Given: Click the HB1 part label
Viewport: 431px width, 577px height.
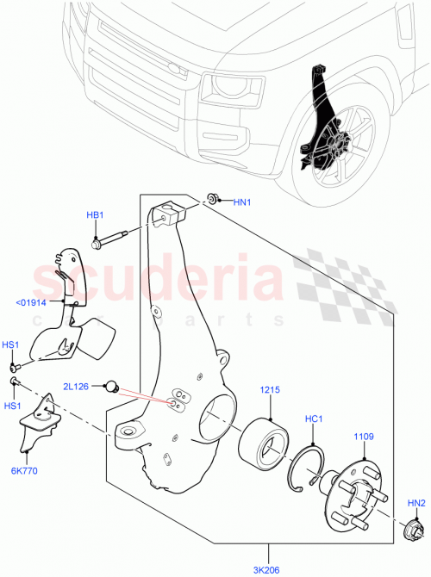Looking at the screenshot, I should [95, 215].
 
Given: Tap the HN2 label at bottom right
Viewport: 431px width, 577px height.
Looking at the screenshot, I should [416, 503].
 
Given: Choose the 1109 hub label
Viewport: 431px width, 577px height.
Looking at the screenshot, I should [363, 437].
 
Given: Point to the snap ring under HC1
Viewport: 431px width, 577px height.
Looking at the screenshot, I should [309, 465].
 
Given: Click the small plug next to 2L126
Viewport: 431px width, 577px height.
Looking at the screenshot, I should [112, 386].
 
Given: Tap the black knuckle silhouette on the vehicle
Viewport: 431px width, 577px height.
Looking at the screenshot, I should [320, 121].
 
